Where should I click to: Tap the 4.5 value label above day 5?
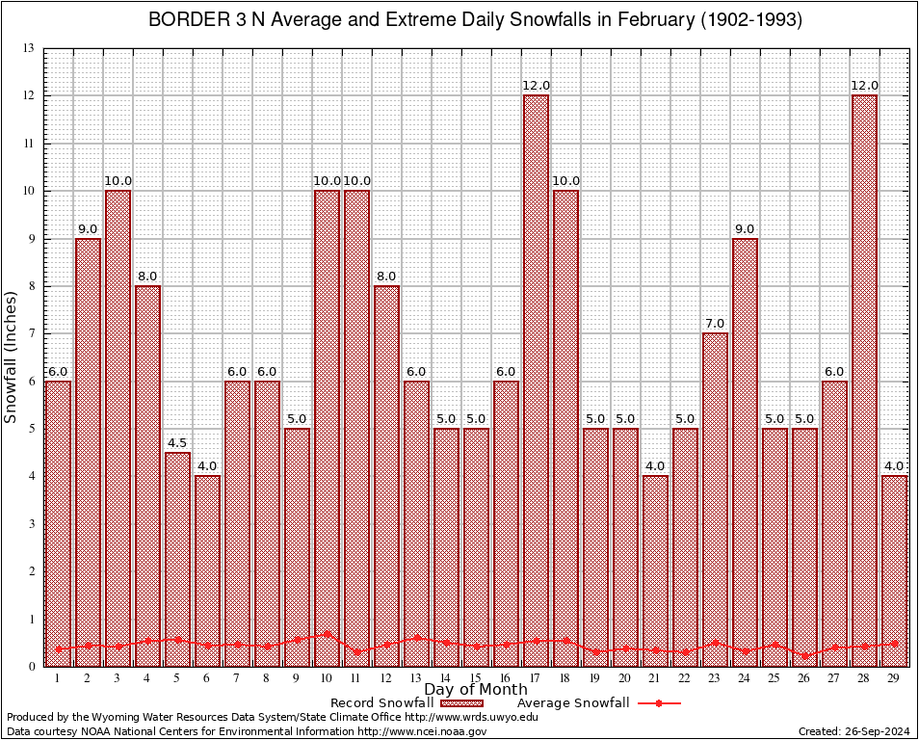177,444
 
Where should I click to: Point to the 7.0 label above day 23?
715,325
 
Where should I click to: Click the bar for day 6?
207,568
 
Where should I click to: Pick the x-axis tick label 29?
894,678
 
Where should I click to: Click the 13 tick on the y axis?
29,48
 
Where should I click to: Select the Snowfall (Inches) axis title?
12,357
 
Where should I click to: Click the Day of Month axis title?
475,690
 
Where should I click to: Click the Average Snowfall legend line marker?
659,703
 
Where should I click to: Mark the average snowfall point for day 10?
327,634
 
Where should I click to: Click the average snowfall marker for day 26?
804,655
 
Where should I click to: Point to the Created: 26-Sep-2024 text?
853,731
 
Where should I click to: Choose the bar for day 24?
745,453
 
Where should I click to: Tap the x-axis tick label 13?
416,678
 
